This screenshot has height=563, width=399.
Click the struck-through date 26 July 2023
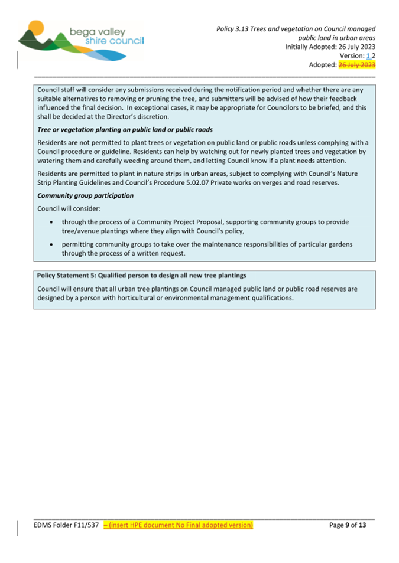tap(357, 65)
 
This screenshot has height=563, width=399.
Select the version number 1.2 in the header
tap(369, 55)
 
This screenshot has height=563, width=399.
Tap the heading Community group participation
tap(85, 195)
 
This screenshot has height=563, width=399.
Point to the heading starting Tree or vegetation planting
tap(125, 129)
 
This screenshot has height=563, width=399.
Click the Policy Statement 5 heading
tap(141, 276)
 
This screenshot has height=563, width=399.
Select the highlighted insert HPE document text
tap(178, 525)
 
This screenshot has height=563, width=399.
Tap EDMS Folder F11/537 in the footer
tap(66, 525)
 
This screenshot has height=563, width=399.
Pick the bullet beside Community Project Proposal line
tap(54, 222)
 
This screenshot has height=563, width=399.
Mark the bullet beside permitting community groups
tap(54, 244)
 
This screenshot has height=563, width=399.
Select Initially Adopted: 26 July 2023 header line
tap(330, 47)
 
